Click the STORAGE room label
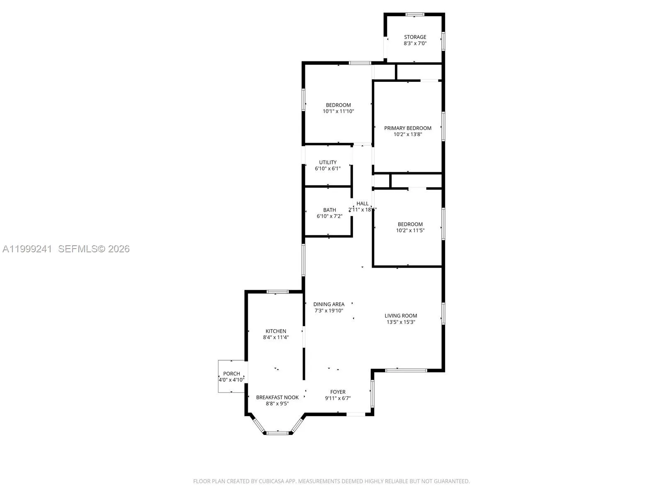(415, 37)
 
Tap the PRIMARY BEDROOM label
(407, 128)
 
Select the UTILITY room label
(327, 162)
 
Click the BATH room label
(329, 210)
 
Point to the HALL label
(362, 203)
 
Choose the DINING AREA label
(329, 304)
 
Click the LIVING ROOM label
(400, 315)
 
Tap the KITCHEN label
(276, 331)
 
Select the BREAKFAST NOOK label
(277, 397)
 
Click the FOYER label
(338, 392)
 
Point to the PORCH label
(231, 373)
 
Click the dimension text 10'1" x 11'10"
(338, 111)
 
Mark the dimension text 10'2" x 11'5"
(410, 230)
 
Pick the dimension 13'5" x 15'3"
(400, 322)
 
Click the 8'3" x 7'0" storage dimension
(415, 43)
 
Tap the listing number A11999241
(27, 249)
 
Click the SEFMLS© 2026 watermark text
(94, 249)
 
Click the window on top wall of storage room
(414, 15)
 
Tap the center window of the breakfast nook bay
(277, 433)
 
